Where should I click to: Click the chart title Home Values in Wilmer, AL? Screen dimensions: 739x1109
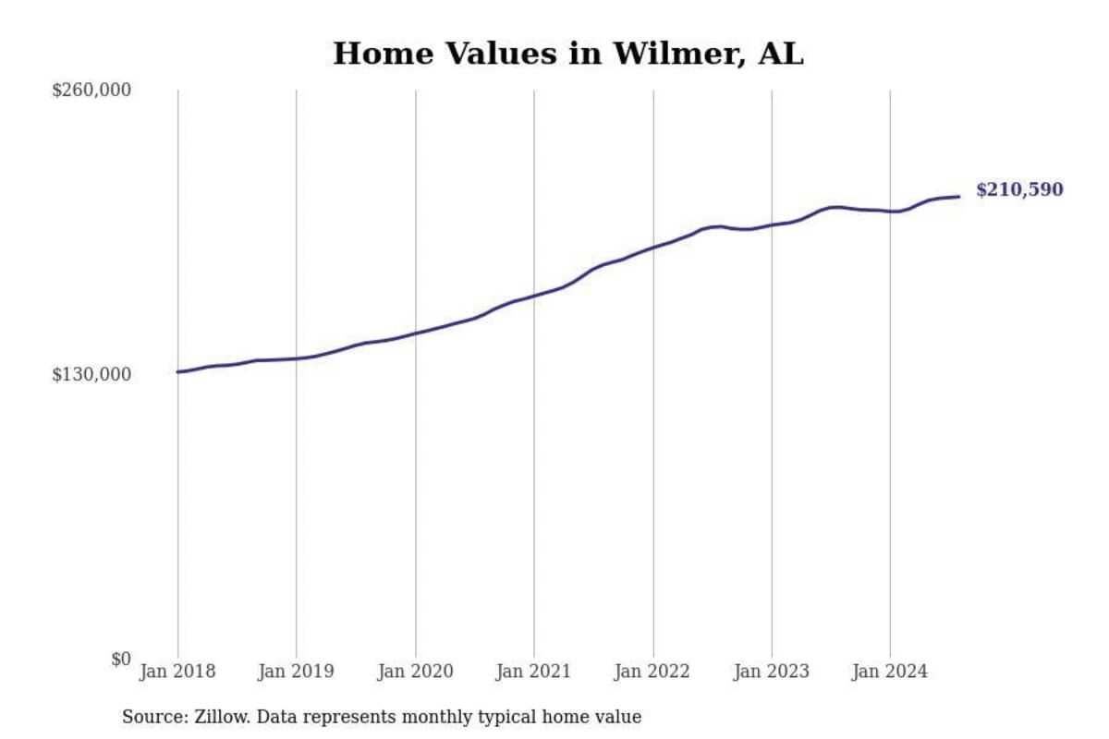567,54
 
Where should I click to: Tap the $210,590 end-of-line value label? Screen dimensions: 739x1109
1018,190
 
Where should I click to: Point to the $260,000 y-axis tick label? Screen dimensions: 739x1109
91,91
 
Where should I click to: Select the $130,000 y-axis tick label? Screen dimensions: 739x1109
91,374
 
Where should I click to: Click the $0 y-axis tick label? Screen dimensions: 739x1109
121,659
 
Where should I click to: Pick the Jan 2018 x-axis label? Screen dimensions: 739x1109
177,672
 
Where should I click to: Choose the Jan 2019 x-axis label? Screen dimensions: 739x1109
296,672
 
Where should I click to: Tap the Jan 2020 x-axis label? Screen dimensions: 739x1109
415,672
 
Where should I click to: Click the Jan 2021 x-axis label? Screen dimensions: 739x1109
533,672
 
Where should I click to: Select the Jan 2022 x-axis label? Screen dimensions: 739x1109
652,672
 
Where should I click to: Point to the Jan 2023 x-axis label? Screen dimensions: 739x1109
771,672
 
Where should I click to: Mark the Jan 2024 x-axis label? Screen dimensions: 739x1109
890,672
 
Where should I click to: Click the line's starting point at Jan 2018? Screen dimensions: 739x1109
177,371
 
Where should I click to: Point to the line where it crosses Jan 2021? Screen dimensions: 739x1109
533,296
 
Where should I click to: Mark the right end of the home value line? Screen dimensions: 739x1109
958,196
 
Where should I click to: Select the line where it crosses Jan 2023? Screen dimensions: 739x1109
771,224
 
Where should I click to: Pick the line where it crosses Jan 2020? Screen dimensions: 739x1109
415,333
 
